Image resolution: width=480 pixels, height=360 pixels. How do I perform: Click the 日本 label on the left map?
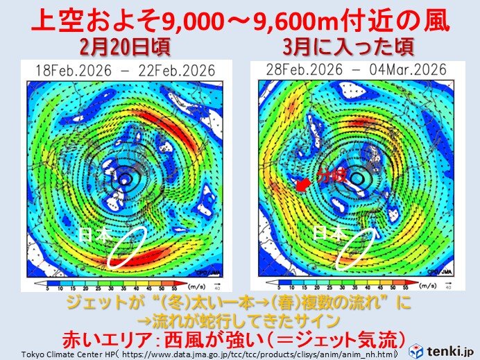click(x=95, y=235)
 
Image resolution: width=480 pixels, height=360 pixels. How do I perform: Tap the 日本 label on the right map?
click(x=327, y=234)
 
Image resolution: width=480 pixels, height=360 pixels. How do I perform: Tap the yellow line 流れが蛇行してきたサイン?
click(x=239, y=320)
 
